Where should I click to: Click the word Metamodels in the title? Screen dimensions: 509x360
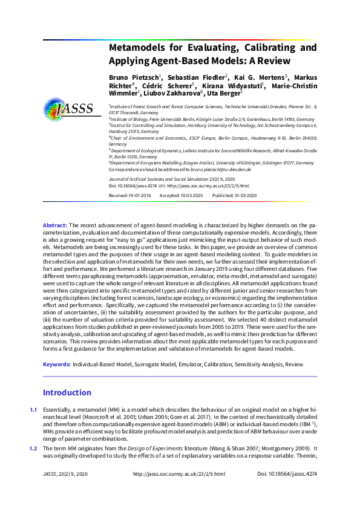(136, 47)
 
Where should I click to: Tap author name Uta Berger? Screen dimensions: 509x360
(224, 93)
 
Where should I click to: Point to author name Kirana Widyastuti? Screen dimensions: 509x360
(237, 85)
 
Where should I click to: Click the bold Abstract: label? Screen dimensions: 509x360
(55, 225)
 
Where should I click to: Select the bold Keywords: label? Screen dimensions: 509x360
(56, 365)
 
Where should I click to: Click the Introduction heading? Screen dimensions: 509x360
(67, 392)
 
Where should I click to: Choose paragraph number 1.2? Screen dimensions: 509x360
(34, 448)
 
